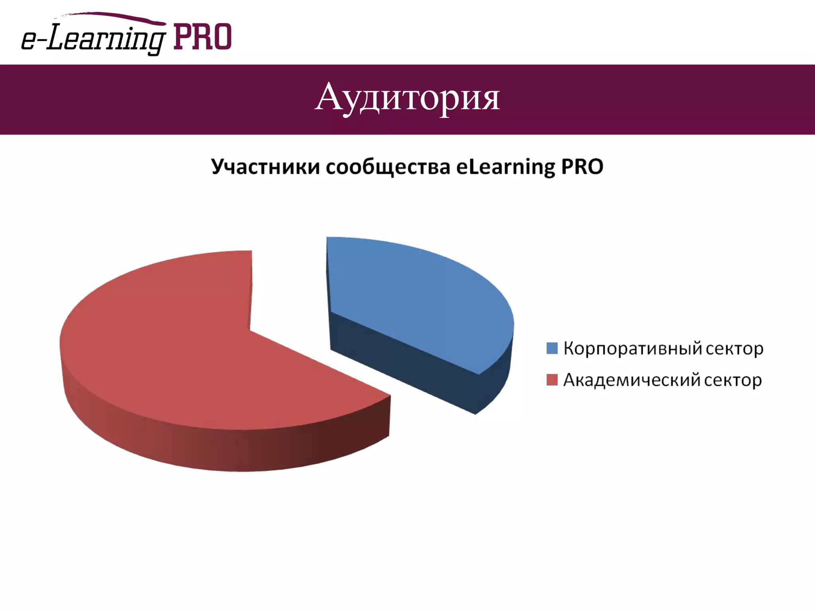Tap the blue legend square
pos(552,348)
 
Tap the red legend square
pos(552,380)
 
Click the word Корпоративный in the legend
pos(633,348)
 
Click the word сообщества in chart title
pos(388,167)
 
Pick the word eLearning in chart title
pos(505,167)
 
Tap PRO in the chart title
pos(582,167)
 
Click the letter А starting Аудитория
pos(329,97)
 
